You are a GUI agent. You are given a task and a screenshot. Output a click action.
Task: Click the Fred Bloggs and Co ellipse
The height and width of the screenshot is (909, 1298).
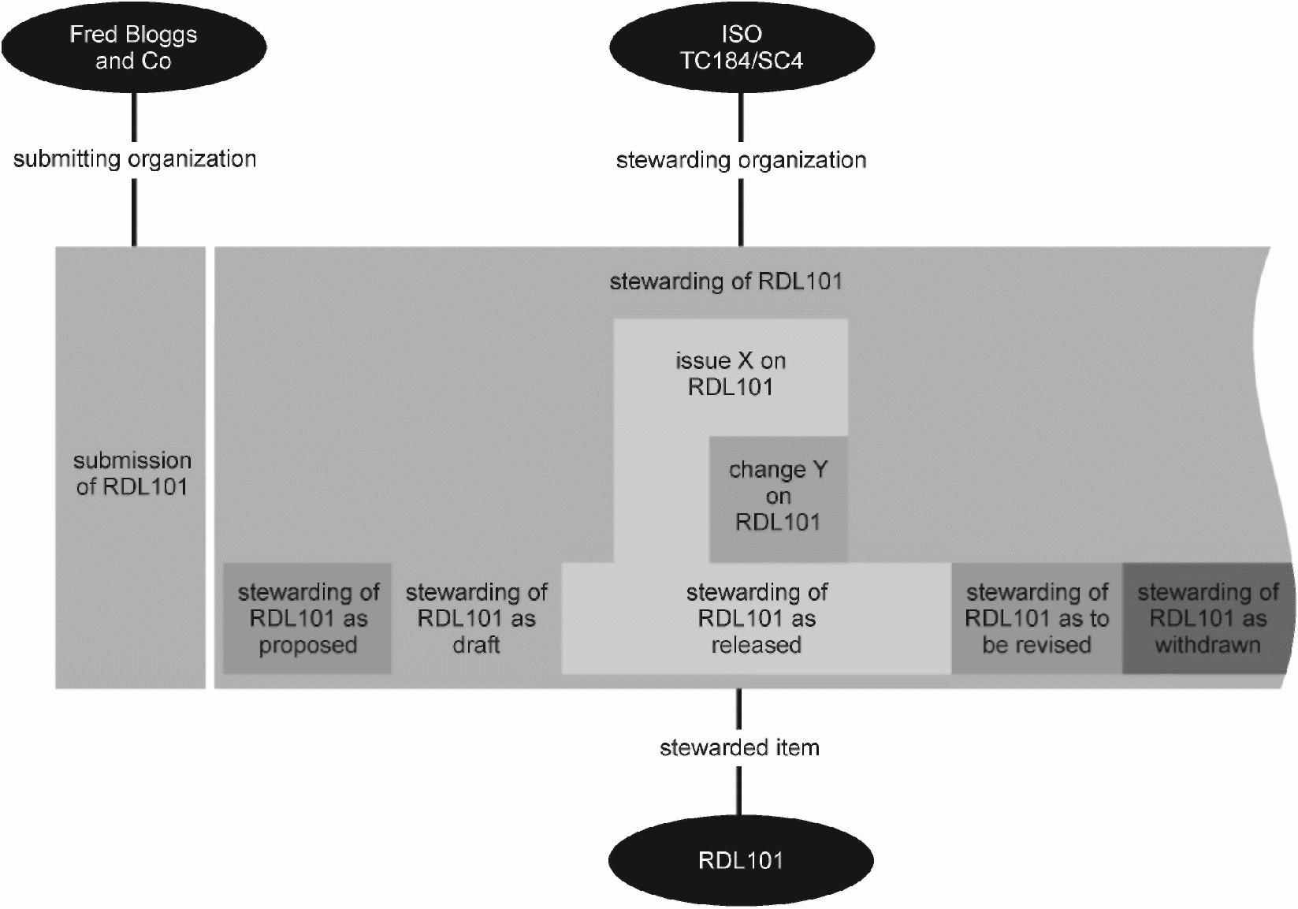[x=134, y=47]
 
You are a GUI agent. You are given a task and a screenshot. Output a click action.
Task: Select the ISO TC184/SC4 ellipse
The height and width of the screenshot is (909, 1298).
[x=742, y=47]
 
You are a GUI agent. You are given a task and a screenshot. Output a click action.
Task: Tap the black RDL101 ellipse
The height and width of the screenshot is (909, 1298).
[x=741, y=860]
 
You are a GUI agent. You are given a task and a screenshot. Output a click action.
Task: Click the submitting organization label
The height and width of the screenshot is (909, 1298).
[x=135, y=159]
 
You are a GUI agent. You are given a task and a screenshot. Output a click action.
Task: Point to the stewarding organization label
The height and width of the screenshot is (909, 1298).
[x=741, y=161]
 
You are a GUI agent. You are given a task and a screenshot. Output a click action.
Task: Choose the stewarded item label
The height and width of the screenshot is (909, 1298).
[x=739, y=748]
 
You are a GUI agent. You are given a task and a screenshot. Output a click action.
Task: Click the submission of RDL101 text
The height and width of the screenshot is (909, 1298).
[x=132, y=474]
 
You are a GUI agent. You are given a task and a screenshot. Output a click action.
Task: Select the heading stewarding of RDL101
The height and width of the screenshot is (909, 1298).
[x=726, y=281]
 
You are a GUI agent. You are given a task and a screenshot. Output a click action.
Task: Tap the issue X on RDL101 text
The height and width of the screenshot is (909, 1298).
[x=731, y=374]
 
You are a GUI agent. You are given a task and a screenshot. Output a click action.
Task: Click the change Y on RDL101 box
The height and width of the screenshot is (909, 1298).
[x=778, y=499]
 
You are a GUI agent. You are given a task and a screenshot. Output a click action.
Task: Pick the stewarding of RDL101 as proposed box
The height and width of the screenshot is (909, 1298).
[x=307, y=619]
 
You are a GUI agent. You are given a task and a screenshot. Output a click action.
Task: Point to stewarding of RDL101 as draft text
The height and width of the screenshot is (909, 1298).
[x=476, y=619]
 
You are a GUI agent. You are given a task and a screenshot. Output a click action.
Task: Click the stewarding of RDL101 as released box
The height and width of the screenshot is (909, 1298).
[x=757, y=619]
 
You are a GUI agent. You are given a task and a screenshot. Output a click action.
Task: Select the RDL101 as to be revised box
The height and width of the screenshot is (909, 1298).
[x=1036, y=619]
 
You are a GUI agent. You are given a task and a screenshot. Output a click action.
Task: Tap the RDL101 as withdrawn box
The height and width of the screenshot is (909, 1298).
[x=1208, y=619]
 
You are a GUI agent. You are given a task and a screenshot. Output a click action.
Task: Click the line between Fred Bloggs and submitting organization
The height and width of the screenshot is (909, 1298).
[x=135, y=117]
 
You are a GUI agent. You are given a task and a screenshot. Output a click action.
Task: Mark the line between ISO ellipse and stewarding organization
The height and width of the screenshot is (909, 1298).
[x=741, y=117]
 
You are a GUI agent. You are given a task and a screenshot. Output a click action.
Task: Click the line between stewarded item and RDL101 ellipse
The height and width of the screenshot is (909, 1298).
[x=738, y=792]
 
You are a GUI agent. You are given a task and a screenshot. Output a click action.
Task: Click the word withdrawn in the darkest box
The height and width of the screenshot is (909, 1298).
[x=1208, y=645]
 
